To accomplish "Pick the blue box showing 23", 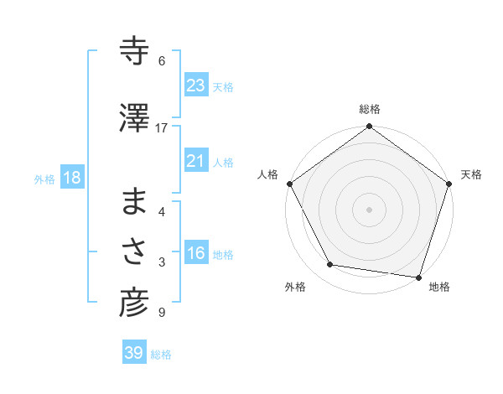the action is (196, 86).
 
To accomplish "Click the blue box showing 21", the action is (196, 161).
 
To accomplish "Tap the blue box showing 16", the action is (196, 253).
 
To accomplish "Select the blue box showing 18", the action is (71, 178).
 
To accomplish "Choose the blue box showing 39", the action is (134, 353).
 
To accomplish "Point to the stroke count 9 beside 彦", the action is (161, 313).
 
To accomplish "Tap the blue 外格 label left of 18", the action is (44, 179).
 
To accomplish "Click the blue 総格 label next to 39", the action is (161, 354).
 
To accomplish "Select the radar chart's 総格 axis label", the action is (369, 109).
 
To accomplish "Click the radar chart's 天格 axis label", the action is (471, 174).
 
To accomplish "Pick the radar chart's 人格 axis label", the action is (267, 174).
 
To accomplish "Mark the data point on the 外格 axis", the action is (330, 265).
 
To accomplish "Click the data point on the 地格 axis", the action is (418, 277).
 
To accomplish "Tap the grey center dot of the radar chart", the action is (369, 209).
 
